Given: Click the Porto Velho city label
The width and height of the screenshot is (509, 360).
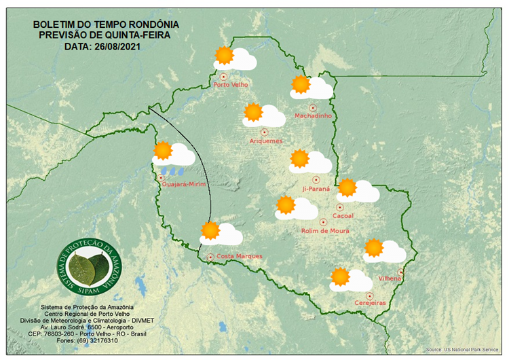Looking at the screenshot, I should [231, 85].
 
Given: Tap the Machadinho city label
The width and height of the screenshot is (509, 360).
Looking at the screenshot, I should [313, 115].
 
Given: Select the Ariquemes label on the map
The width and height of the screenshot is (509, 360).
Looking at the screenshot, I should [266, 141].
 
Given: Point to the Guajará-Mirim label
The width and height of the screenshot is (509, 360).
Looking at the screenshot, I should [184, 184].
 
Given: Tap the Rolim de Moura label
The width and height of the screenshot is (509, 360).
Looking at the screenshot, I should [325, 231].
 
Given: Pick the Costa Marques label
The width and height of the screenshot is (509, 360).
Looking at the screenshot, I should [239, 256].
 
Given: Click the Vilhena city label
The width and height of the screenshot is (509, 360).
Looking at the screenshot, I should [390, 278].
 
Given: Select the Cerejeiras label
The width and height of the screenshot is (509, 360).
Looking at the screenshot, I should [370, 303].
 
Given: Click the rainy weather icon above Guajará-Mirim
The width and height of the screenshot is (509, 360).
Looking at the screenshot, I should [174, 156].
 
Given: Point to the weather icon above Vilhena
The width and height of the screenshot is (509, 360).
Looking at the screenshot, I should [384, 251].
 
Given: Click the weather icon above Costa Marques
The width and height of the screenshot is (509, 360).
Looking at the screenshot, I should [221, 233].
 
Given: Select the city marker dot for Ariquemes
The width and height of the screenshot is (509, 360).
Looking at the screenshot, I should [265, 131].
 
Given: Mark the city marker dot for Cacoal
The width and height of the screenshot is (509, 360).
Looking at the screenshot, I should [341, 206].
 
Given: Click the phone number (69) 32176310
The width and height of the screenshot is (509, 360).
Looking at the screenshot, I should [108, 340].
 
